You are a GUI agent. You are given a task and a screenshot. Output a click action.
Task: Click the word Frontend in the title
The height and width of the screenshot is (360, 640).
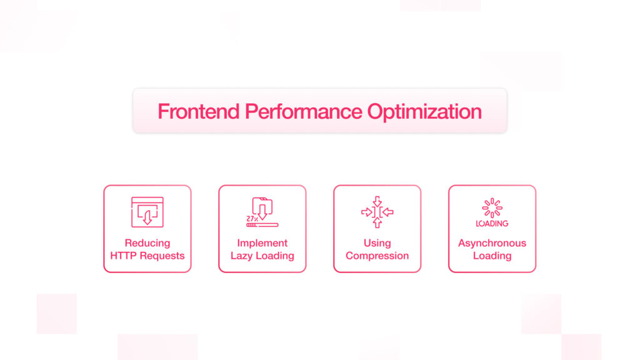tap(198, 111)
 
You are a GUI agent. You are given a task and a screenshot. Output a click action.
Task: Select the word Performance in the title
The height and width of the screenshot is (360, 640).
tap(303, 111)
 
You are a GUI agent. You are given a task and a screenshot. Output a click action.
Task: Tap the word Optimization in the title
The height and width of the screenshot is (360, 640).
tap(424, 112)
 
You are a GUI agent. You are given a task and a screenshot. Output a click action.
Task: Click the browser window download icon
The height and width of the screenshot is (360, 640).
tap(147, 212)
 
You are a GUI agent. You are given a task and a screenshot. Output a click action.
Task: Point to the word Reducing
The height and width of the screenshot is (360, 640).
tap(147, 243)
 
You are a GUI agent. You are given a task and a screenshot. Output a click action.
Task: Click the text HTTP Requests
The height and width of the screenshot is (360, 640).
tap(147, 256)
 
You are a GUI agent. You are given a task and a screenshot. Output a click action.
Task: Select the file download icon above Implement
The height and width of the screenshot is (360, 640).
tap(262, 208)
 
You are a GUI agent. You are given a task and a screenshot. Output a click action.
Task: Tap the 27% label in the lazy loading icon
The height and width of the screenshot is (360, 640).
tap(252, 219)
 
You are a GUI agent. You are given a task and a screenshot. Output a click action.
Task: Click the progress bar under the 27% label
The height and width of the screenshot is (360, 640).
tap(262, 225)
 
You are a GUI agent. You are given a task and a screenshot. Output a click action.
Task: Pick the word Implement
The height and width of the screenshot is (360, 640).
tap(262, 243)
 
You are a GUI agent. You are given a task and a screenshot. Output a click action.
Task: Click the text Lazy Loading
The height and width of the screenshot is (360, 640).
tap(262, 256)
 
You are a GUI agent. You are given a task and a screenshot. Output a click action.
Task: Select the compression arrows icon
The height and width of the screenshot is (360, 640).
tap(377, 212)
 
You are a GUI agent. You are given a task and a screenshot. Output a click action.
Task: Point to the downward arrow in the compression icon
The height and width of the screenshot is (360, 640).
tap(377, 201)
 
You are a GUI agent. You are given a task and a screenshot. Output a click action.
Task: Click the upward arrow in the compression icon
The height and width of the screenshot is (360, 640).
tap(377, 222)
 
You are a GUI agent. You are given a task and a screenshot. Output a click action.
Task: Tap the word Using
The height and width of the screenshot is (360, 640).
tap(377, 243)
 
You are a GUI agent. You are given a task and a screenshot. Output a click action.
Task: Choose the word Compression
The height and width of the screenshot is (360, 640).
tap(377, 256)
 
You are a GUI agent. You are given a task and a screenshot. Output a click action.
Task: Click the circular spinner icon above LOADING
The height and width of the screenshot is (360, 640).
tap(492, 207)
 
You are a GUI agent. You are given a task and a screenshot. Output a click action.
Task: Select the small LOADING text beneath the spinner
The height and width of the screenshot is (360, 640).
tap(492, 223)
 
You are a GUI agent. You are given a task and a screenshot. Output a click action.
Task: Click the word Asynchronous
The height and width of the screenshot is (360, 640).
tap(492, 243)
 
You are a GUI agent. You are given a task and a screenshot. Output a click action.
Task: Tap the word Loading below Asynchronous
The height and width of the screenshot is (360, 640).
tap(492, 256)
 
